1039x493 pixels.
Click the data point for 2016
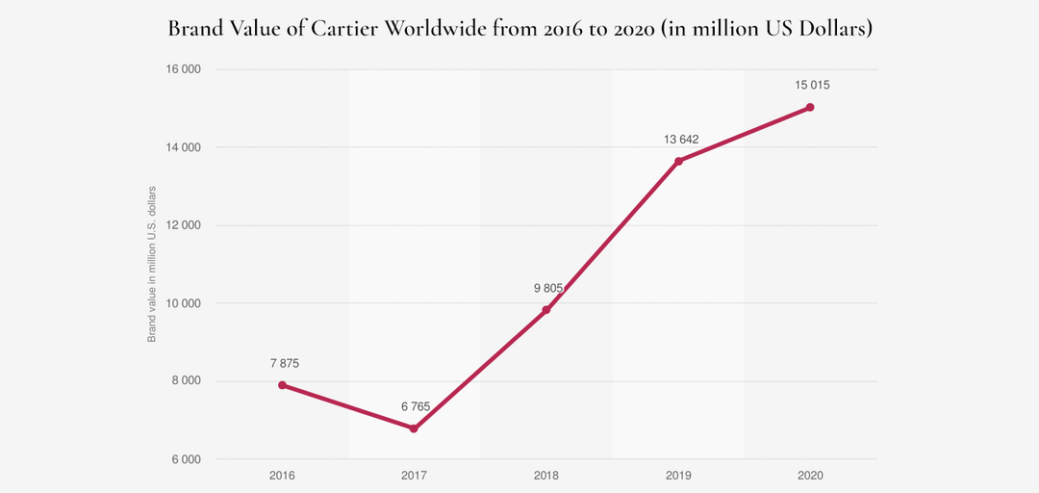pos(282,385)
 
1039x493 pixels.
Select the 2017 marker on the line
pos(414,428)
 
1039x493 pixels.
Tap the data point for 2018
pos(545,310)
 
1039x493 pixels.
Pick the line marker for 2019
pos(678,161)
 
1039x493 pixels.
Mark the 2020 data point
pos(810,107)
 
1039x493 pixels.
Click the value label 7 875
pos(285,363)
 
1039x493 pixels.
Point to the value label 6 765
pos(416,406)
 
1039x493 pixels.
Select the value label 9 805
pos(547,288)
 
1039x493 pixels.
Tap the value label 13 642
pos(680,139)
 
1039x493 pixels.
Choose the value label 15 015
pos(812,85)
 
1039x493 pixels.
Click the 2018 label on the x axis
pos(545,476)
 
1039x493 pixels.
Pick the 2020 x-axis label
pos(810,476)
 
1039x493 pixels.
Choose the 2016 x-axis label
pos(282,476)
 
